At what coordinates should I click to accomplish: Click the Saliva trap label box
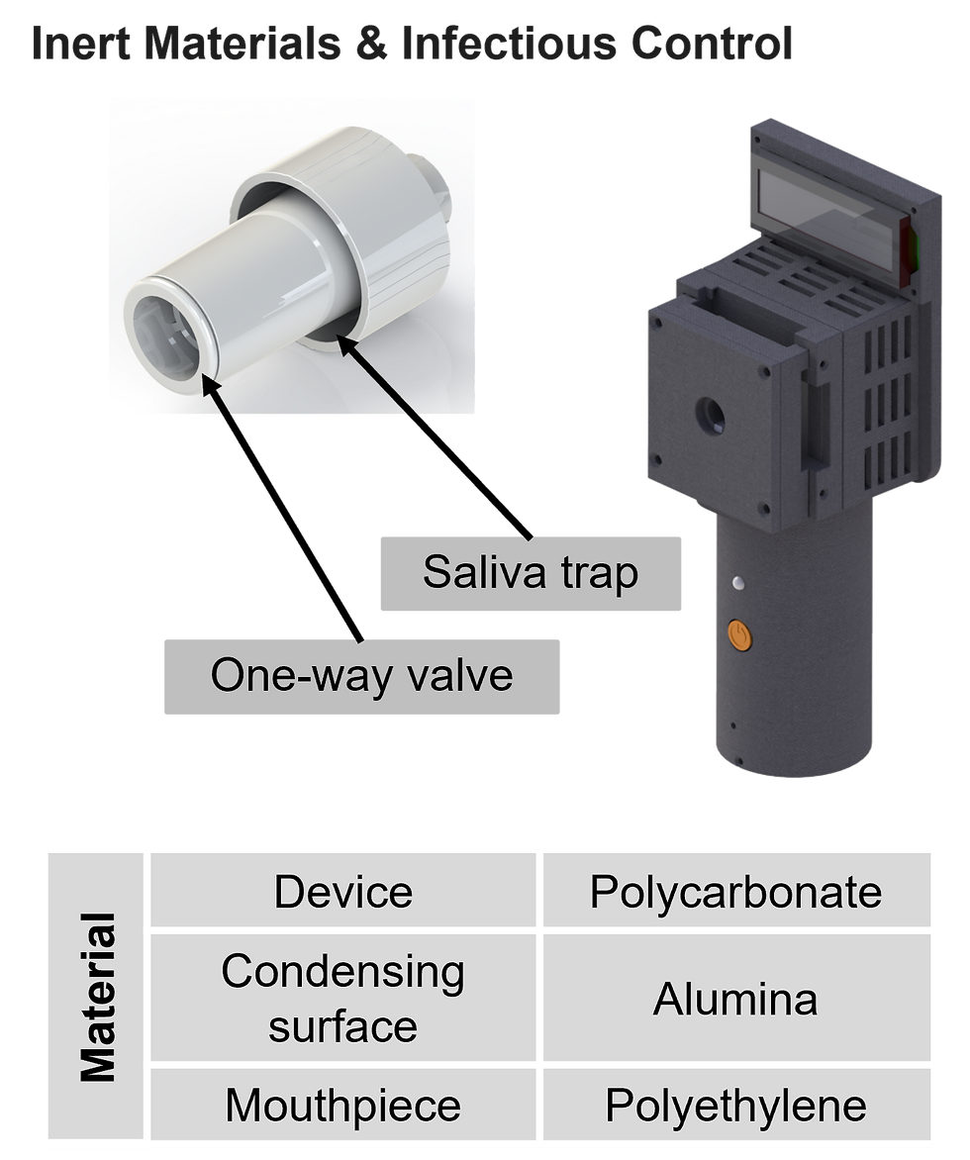tap(531, 573)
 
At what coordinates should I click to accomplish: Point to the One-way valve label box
tap(362, 676)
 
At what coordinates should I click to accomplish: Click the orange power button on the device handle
tap(739, 634)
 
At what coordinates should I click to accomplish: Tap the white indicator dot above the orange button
tap(737, 583)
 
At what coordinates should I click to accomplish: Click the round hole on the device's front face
tap(711, 416)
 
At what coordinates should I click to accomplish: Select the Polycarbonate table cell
tap(736, 890)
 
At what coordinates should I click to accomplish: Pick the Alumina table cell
tap(736, 998)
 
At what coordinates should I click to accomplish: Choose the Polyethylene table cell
tap(736, 1104)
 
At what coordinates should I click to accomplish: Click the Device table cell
tap(343, 890)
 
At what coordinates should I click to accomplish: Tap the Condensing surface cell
tap(343, 998)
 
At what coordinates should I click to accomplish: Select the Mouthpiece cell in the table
tap(343, 1104)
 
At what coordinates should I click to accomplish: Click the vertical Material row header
tap(95, 996)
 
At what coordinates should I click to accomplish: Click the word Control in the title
tap(711, 43)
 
